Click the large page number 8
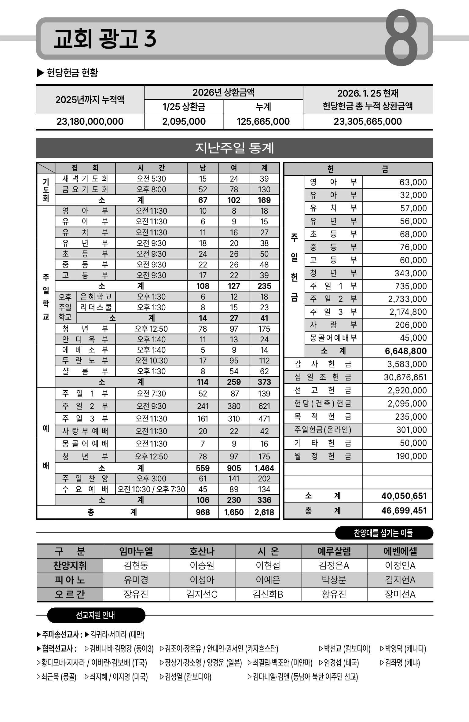click(x=401, y=37)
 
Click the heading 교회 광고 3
click(x=105, y=39)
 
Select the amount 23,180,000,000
click(x=90, y=122)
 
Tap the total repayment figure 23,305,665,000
click(x=368, y=122)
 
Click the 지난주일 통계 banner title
click(x=234, y=148)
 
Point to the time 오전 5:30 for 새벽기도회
click(x=151, y=179)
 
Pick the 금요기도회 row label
click(x=85, y=190)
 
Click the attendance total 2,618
click(x=264, y=512)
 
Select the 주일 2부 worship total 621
click(x=264, y=406)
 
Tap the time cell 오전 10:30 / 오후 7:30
click(x=151, y=489)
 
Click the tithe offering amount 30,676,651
click(x=405, y=377)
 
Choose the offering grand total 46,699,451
click(x=404, y=510)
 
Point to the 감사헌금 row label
click(x=323, y=364)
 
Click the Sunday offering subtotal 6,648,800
click(x=406, y=351)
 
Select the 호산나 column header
click(x=202, y=551)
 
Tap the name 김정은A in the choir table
click(x=334, y=566)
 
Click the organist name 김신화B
click(x=268, y=595)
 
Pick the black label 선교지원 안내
click(x=96, y=615)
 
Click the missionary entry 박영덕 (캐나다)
click(x=403, y=649)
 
